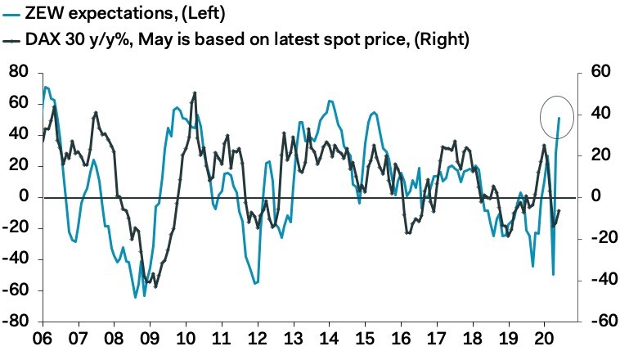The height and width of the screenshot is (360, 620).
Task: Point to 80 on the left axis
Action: pos(19,73)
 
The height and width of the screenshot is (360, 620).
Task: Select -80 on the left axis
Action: pos(16,322)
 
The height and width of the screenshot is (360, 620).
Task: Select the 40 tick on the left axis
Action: pos(19,135)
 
